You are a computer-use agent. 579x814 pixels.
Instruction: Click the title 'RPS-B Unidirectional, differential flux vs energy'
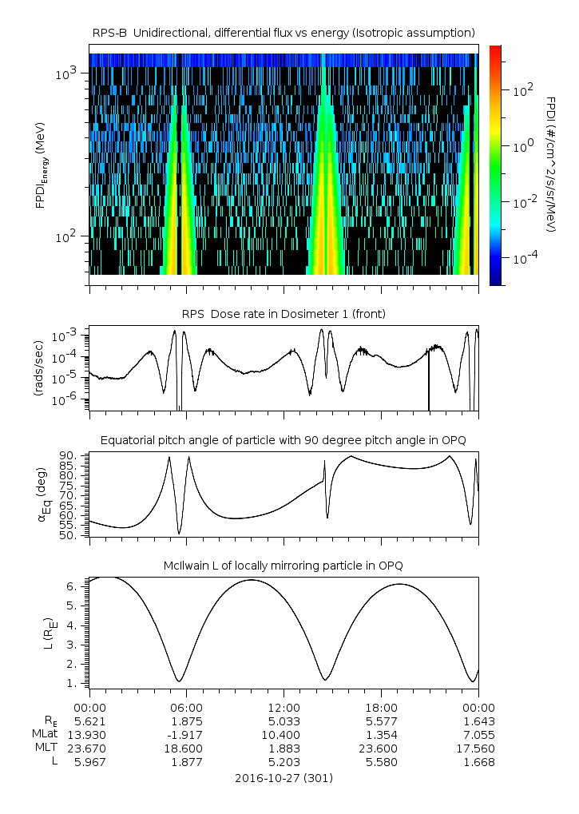[284, 32]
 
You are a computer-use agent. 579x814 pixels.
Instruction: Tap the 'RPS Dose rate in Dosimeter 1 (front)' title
[284, 313]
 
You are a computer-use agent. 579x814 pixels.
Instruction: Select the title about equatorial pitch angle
[284, 440]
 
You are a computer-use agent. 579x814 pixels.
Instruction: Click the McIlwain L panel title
[284, 565]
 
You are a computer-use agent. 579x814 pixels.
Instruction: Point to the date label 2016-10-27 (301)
[284, 777]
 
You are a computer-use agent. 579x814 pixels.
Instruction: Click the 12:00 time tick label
[284, 707]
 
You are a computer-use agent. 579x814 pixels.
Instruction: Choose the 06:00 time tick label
[187, 707]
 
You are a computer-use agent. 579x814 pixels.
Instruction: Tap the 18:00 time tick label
[381, 707]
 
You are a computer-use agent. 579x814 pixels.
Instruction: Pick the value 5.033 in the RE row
[284, 720]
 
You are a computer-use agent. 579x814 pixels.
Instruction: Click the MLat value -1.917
[187, 733]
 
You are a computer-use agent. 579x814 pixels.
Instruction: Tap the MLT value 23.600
[381, 748]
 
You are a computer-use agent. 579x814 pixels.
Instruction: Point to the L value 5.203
[284, 762]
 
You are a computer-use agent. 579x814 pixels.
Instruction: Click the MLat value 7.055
[478, 733]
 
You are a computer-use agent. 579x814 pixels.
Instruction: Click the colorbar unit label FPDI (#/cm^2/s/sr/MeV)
[551, 165]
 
